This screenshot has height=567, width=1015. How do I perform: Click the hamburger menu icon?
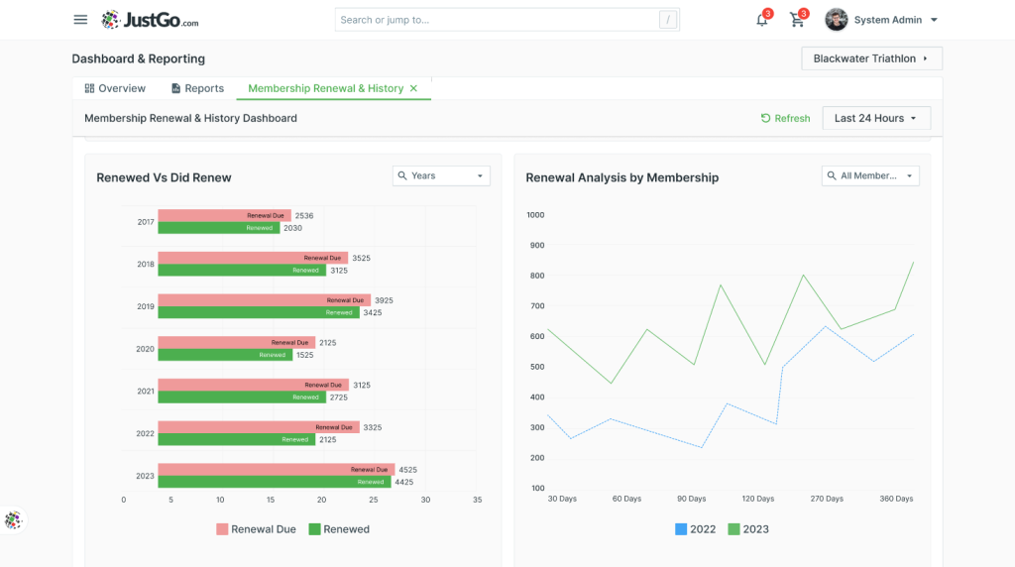pos(80,20)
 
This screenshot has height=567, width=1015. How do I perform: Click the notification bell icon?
pos(762,20)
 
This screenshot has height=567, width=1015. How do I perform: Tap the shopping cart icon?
pos(797,20)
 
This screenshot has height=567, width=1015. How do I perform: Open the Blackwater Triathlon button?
pos(871,58)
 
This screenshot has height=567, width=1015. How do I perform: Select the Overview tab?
pos(115,88)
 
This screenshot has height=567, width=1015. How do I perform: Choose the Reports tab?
pos(197,88)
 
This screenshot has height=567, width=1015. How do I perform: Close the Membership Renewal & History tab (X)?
pos(413,88)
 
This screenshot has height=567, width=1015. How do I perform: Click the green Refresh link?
pos(785,118)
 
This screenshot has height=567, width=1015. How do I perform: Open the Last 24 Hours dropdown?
pos(876,118)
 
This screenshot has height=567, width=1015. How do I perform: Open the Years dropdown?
pos(441,176)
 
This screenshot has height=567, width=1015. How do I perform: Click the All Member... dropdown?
pos(870,176)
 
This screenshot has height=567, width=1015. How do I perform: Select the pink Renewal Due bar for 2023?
pos(277,469)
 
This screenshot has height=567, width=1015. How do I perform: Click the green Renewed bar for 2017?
pos(219,228)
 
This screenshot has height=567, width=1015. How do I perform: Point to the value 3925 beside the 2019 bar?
pos(384,300)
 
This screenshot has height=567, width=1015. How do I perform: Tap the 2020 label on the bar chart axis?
pos(145,349)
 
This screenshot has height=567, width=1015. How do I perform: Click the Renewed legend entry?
pos(339,529)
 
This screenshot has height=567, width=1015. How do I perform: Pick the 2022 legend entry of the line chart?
pos(695,529)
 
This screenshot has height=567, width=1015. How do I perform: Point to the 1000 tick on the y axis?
pos(535,215)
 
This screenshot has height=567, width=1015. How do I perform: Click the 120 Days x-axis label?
pos(758,499)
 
